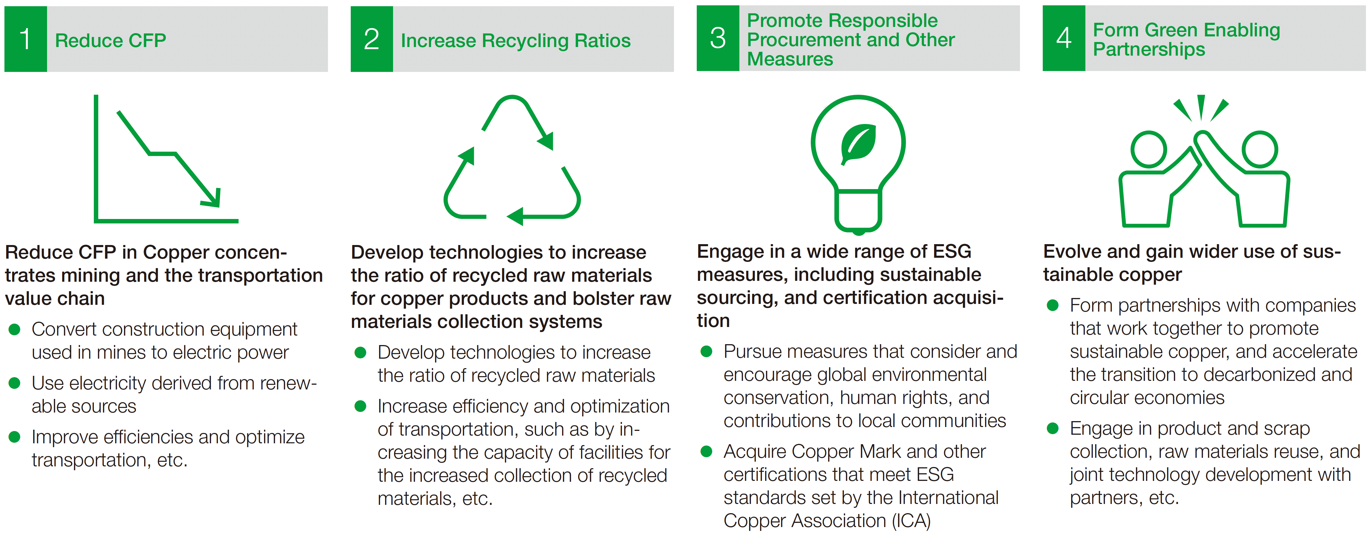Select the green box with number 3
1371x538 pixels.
[x=717, y=38]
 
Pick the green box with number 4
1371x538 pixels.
[x=1063, y=38]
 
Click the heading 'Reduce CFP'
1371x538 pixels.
[x=111, y=41]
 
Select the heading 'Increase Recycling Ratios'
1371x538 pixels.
[x=515, y=41]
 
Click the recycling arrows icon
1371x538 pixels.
[x=512, y=160]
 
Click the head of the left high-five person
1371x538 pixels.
[x=1148, y=149]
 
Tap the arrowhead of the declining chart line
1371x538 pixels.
[x=213, y=199]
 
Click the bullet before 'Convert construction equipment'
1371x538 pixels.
[x=15, y=329]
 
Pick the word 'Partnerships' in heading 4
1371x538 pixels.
[x=1148, y=49]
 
